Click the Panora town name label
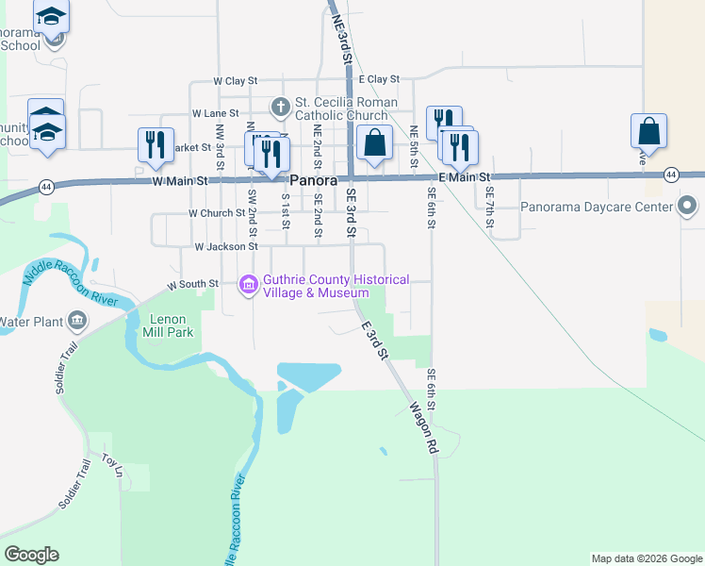[313, 179]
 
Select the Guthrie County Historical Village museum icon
[249, 284]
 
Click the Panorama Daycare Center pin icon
[688, 206]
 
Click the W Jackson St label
[226, 247]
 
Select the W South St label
[193, 283]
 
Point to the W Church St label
[217, 214]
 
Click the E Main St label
[466, 177]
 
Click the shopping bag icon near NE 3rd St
[375, 143]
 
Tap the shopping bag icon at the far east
[649, 130]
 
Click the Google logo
[31, 555]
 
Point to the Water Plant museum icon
[76, 322]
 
